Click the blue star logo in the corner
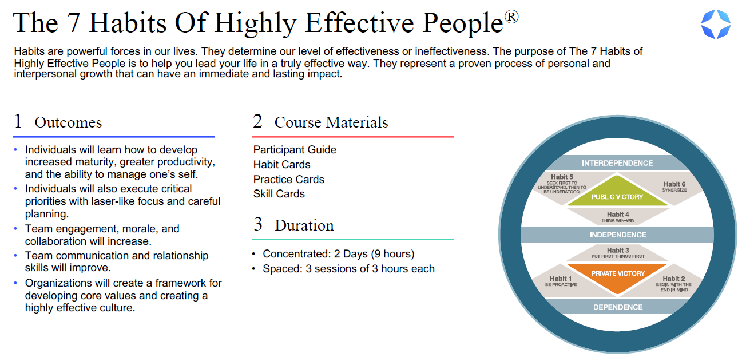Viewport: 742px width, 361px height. pos(716,25)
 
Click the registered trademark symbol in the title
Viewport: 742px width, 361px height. pos(511,18)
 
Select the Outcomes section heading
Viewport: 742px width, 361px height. pos(68,122)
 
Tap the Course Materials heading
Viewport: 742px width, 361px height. pos(331,122)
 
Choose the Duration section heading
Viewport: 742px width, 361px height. pos(304,225)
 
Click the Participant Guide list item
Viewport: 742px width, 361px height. pos(295,150)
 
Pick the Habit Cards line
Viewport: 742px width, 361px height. pos(281,165)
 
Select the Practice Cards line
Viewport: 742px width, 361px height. pos(288,180)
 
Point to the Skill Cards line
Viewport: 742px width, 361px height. pos(279,194)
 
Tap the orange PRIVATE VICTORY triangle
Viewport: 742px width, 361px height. pos(617,276)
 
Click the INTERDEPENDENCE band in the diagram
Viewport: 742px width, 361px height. pos(617,163)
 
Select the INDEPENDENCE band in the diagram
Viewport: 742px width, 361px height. pos(617,235)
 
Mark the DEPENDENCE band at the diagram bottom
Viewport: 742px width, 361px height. pos(617,307)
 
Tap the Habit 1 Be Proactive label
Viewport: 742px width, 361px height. pos(561,281)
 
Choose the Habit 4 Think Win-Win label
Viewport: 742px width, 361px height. pos(617,217)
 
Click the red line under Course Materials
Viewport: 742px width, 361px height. pos(352,137)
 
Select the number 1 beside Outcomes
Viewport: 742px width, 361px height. pos(18,121)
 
